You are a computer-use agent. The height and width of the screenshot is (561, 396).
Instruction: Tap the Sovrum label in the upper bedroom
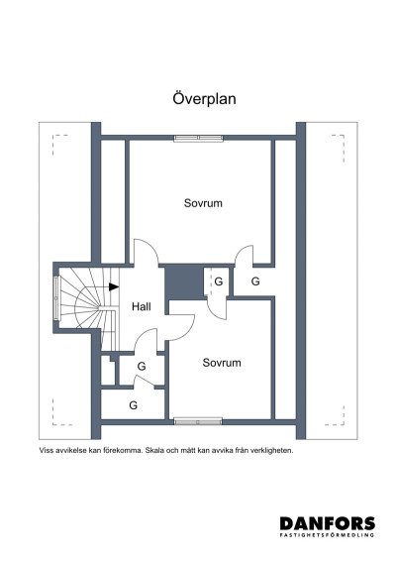tap(203, 203)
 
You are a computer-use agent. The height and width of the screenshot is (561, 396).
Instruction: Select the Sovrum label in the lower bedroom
tap(222, 363)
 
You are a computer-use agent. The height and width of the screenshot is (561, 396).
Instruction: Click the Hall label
tap(142, 307)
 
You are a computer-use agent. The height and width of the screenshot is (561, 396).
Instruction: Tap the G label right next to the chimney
tap(218, 282)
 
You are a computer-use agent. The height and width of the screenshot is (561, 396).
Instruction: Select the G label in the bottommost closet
tap(133, 405)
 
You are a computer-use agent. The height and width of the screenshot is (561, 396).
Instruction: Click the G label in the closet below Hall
tap(142, 367)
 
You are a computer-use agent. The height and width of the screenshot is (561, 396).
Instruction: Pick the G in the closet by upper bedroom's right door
tap(254, 282)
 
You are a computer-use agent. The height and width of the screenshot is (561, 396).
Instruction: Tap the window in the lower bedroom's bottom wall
tap(194, 421)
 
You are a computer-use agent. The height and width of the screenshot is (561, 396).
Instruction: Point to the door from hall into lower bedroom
tap(181, 323)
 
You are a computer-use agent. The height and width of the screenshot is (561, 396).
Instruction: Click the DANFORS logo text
tap(327, 522)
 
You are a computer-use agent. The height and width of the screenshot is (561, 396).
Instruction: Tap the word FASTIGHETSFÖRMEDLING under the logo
tap(327, 535)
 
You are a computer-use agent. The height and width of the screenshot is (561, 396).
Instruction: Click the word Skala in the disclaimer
tap(159, 449)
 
